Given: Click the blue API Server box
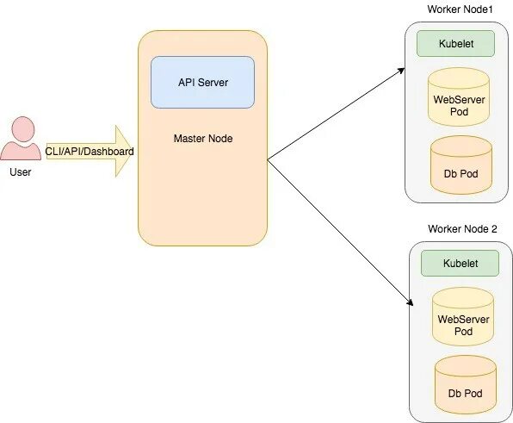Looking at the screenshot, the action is (202, 82).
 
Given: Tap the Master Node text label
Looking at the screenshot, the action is (203, 139).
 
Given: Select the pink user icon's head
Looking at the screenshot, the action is (23, 129).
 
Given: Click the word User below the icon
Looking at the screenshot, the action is (21, 172).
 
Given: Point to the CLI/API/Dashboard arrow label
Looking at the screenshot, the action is (90, 152).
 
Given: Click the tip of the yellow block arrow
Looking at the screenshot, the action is (133, 152).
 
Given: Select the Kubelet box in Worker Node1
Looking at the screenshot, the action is (455, 44).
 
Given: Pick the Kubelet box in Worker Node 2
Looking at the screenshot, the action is (460, 264).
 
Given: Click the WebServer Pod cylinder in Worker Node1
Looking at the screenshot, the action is (459, 97).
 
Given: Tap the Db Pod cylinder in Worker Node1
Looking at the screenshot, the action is (461, 165).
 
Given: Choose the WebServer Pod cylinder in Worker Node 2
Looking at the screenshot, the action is (463, 317).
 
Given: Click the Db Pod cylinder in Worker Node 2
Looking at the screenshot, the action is (466, 385).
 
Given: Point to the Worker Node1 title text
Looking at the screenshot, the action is (460, 9).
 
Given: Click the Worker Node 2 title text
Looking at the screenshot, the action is (462, 229).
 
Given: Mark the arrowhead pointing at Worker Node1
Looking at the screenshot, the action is (402, 71).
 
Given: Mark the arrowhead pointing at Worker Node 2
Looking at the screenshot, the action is (410, 302).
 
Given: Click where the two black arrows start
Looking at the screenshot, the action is (268, 159).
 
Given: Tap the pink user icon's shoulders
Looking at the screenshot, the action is (21, 151).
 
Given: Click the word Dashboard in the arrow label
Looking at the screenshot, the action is (111, 152).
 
